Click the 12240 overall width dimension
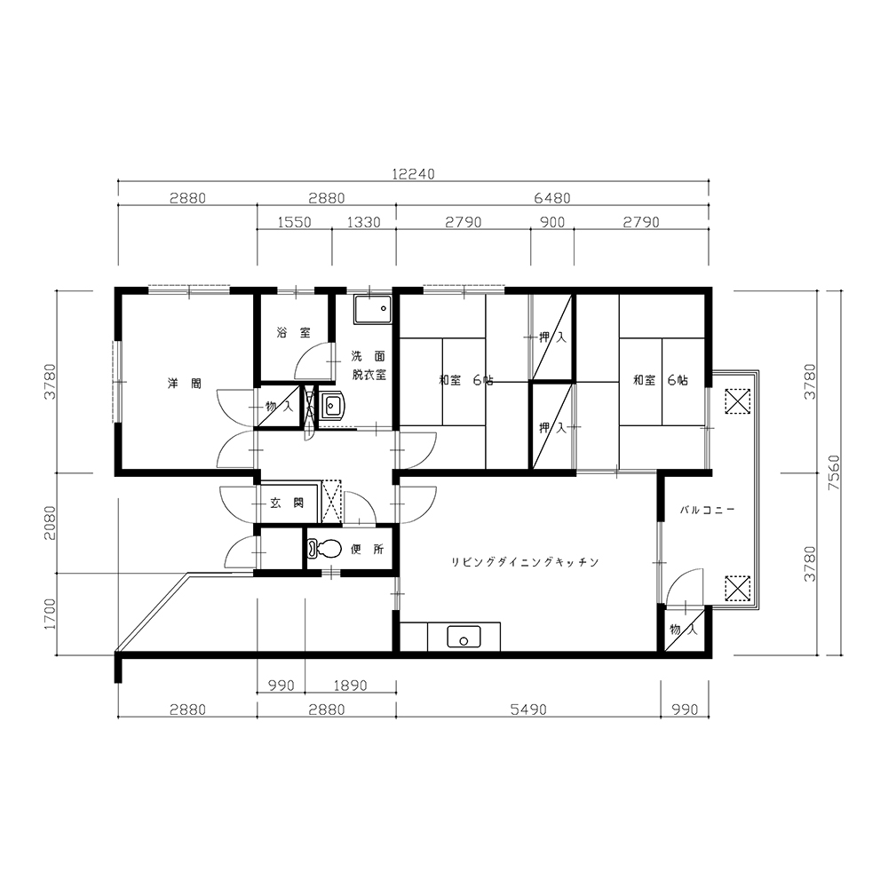click(414, 174)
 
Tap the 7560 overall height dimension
click(834, 472)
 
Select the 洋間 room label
click(185, 384)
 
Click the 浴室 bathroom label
click(293, 332)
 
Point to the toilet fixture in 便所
click(324, 548)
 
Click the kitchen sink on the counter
click(464, 637)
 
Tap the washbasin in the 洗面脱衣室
click(332, 406)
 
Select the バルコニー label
click(708, 510)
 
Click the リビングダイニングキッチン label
click(525, 562)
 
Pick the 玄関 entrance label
click(287, 503)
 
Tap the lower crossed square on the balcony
click(737, 589)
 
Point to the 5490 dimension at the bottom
click(528, 709)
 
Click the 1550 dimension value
click(295, 222)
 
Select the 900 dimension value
click(552, 222)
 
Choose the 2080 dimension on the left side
click(51, 522)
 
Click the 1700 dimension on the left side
click(51, 614)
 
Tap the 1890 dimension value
click(350, 686)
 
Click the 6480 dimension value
click(552, 198)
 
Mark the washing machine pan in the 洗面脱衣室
click(373, 309)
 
